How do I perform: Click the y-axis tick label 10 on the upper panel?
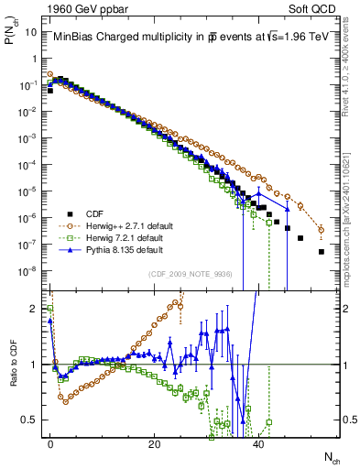(31, 31)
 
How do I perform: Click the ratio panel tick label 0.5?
(31, 420)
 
